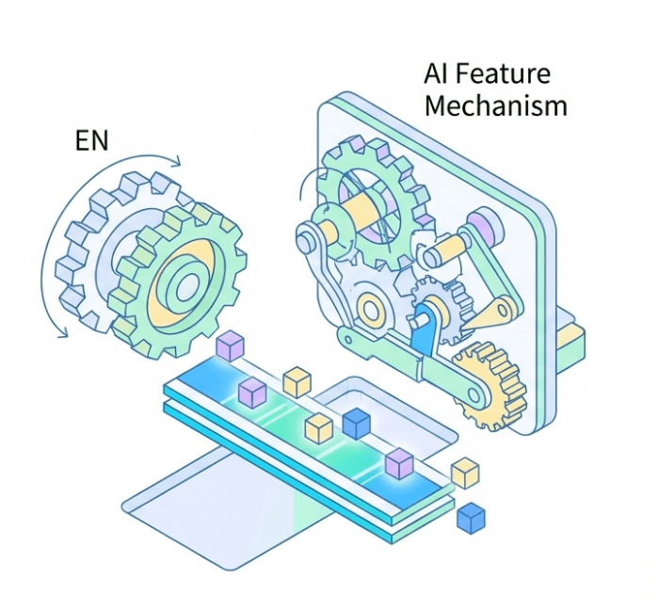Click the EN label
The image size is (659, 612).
[x=92, y=141]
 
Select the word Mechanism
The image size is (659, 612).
[x=496, y=105]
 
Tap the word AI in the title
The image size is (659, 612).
[x=437, y=74]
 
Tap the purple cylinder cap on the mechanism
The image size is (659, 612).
[x=483, y=226]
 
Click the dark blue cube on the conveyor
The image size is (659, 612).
[x=357, y=424]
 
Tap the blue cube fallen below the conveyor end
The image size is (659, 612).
[x=470, y=517]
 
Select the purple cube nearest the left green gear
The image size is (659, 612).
[x=230, y=346]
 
